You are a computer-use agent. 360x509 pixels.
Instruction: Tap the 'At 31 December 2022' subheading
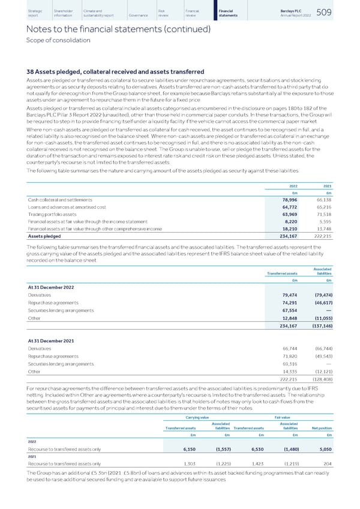52,286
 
